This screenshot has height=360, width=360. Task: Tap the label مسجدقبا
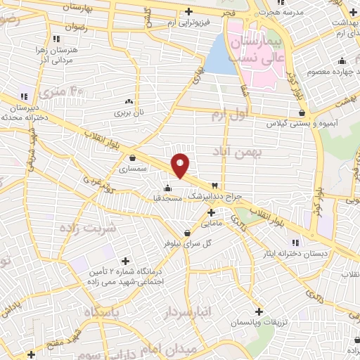(168, 199)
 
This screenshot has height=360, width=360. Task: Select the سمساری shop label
(132, 169)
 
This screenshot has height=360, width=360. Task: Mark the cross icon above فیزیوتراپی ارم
(188, 13)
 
